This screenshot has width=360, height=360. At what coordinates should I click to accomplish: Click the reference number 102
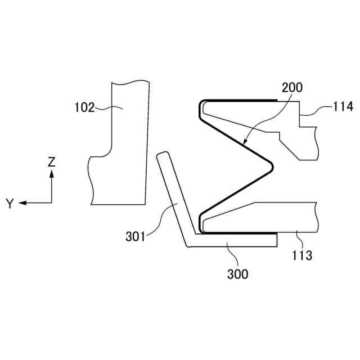click(85, 107)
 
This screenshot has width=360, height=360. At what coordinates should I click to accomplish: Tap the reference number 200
click(291, 87)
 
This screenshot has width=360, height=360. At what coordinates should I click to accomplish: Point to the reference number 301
click(136, 236)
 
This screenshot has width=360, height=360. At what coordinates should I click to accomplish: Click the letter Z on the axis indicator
click(52, 162)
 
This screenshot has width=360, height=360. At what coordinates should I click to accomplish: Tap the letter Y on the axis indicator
click(10, 204)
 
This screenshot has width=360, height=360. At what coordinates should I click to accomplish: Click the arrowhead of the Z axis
click(52, 174)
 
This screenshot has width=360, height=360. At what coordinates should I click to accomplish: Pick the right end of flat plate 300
click(276, 240)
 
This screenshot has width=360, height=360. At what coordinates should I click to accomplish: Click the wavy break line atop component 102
click(130, 82)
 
